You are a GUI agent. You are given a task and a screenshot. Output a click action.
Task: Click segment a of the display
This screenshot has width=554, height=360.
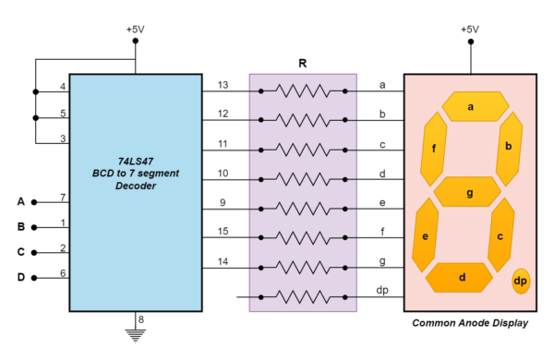point(470,107)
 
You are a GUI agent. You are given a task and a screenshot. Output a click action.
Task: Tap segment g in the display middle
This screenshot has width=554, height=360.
point(470,192)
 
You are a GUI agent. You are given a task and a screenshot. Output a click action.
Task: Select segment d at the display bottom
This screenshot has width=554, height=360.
point(463,276)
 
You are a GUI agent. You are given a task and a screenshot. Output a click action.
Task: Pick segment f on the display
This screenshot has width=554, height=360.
point(433,148)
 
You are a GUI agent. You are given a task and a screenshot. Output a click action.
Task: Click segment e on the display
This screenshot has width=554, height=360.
point(426,236)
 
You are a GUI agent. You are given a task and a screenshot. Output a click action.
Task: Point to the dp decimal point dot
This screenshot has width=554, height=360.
point(521,281)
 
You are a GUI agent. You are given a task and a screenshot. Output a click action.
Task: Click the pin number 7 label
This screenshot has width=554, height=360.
point(63,197)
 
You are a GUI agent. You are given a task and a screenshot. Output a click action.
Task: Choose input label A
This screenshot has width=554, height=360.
point(20,201)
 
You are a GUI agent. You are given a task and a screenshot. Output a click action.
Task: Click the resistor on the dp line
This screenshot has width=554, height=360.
point(302,297)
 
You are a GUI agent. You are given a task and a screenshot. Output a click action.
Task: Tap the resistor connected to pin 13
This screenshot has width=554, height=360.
point(302,91)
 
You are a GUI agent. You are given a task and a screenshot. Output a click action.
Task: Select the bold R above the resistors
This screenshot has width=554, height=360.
point(302,64)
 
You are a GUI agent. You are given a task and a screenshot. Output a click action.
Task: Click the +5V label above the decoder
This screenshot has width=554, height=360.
point(136,29)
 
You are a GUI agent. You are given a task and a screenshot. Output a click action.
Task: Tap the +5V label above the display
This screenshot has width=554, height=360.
point(470,29)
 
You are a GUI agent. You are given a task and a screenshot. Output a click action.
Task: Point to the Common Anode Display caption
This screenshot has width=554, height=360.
point(470,323)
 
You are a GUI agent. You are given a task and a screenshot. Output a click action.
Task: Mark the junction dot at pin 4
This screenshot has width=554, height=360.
point(36,91)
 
